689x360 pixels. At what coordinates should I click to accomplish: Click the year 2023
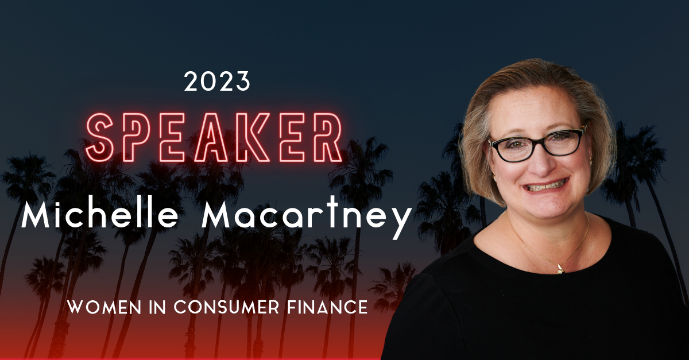pyautogui.click(x=217, y=82)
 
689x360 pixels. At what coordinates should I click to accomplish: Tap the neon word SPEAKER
pyautogui.click(x=214, y=137)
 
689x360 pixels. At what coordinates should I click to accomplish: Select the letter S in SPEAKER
pyautogui.click(x=103, y=138)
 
